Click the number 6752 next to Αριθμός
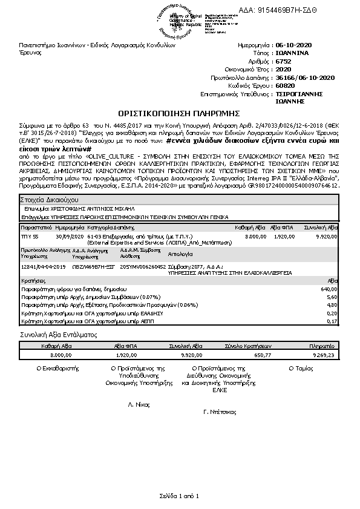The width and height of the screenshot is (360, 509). [283, 62]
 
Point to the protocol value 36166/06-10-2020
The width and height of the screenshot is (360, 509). [305, 78]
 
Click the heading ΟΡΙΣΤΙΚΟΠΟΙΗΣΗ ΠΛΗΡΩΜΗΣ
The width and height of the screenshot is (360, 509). [179, 113]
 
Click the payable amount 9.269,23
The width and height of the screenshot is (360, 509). [324, 355]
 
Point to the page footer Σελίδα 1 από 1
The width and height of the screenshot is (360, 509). [179, 496]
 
